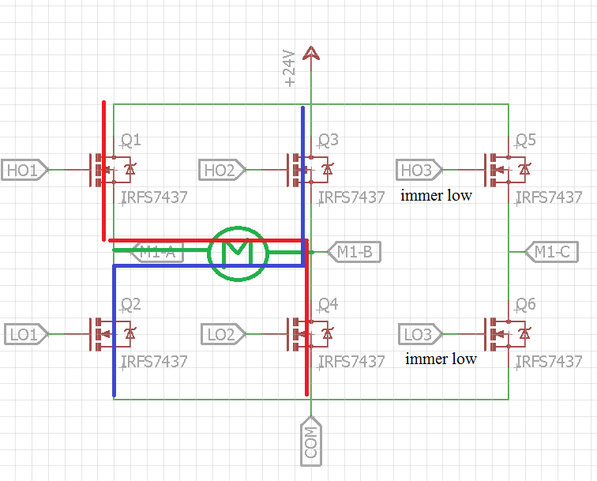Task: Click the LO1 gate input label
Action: click(24, 335)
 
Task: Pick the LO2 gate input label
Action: click(221, 335)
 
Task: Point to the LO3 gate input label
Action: click(419, 335)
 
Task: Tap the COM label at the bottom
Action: click(311, 442)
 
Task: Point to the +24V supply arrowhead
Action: click(311, 52)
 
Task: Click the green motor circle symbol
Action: click(238, 253)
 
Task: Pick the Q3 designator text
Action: click(328, 141)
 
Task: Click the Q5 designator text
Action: click(525, 141)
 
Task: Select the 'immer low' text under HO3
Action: click(437, 195)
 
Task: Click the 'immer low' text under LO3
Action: click(441, 359)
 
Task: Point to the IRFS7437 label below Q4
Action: click(351, 362)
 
